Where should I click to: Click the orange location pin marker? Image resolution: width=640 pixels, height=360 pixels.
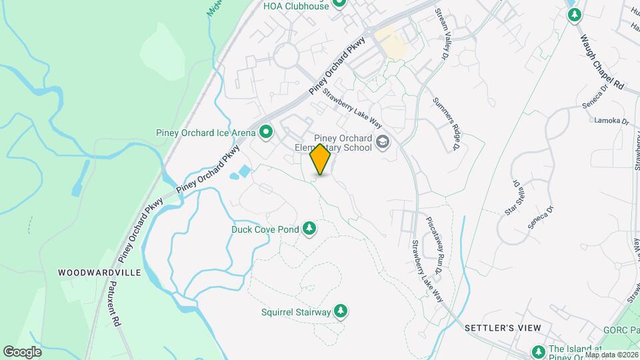321,159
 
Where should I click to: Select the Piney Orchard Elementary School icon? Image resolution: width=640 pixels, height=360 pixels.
383,141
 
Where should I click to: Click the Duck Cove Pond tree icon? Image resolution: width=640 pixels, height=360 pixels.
309,229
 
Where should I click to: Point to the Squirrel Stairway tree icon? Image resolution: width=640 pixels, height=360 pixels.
341,311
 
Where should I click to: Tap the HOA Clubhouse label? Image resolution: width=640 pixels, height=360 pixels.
296,6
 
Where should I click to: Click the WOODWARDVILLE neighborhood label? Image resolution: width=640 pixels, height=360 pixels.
99,273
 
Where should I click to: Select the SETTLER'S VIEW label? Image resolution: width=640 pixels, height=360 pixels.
503,328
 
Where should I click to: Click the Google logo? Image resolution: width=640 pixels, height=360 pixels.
23,351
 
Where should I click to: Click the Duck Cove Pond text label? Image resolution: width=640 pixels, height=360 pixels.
265,229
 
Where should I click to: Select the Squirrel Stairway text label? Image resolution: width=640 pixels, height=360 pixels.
296,311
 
